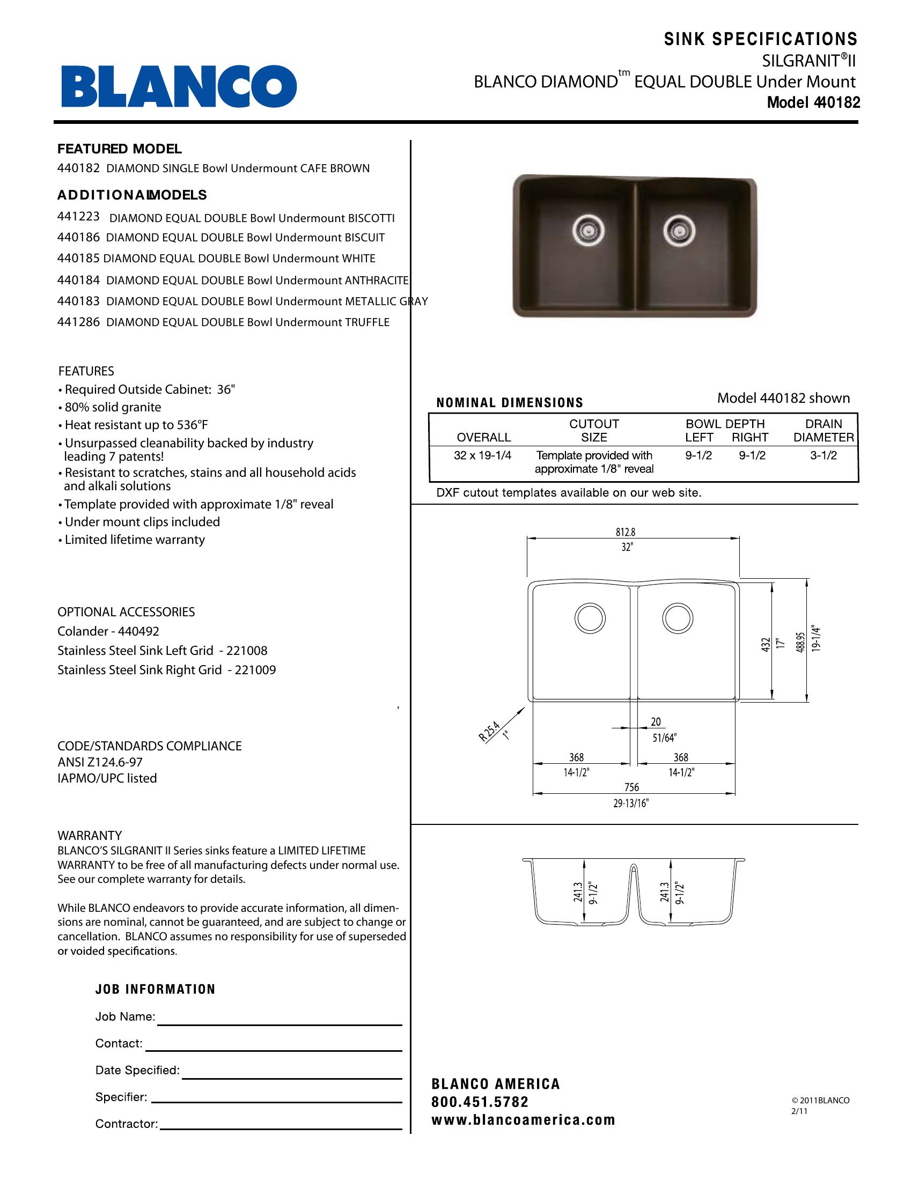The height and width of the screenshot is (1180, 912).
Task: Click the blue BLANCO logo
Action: point(179,86)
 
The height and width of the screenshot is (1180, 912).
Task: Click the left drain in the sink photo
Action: point(588,231)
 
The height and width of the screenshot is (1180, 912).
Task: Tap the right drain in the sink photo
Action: point(679,231)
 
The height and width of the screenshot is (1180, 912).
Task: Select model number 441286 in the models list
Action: point(78,322)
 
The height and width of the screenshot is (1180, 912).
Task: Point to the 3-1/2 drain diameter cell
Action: point(823,455)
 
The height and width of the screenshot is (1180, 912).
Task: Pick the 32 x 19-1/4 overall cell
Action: point(482,455)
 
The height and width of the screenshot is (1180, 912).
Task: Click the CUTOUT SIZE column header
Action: point(594,431)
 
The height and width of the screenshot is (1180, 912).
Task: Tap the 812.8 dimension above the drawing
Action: point(625,532)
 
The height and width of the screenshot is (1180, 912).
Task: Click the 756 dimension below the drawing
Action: point(631,787)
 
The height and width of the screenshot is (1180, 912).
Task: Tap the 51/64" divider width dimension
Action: point(664,737)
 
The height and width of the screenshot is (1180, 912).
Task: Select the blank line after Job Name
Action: point(280,1021)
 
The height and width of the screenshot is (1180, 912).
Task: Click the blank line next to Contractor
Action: point(281,1125)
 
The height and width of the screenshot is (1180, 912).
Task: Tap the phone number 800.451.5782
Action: point(480,1102)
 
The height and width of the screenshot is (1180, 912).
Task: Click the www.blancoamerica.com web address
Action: point(523,1120)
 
